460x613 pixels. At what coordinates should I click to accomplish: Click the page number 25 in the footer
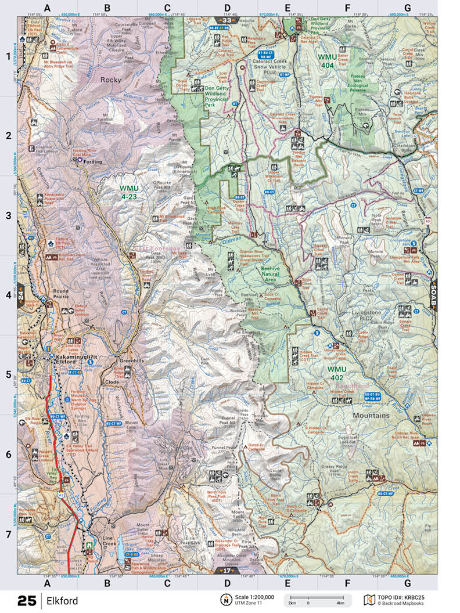point(27,601)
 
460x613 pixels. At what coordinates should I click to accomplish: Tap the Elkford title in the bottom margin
point(63,601)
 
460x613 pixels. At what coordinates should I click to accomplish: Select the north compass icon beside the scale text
point(224,600)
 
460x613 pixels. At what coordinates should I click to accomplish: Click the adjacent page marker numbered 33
point(228,20)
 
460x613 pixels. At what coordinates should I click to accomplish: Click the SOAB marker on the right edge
point(433,294)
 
